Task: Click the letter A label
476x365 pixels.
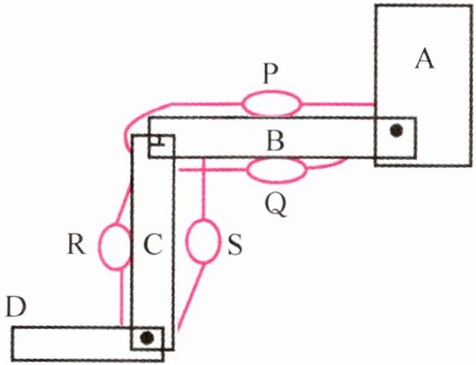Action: pyautogui.click(x=425, y=59)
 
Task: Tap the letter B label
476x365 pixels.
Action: pyautogui.click(x=276, y=141)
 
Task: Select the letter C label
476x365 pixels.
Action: pyautogui.click(x=153, y=244)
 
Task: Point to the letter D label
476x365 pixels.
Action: pyautogui.click(x=16, y=308)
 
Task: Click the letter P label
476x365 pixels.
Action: pyautogui.click(x=271, y=74)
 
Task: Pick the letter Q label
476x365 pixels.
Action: pyautogui.click(x=276, y=206)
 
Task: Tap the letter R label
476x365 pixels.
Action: pyautogui.click(x=76, y=244)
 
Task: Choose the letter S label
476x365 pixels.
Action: pyautogui.click(x=235, y=245)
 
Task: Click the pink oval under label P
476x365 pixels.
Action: pyautogui.click(x=272, y=104)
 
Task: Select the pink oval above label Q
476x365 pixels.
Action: pyautogui.click(x=276, y=170)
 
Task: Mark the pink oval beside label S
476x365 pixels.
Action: pyautogui.click(x=202, y=242)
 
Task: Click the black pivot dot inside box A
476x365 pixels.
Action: pyautogui.click(x=396, y=131)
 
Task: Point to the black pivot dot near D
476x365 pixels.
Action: pyautogui.click(x=148, y=337)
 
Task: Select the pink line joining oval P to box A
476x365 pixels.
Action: pyautogui.click(x=338, y=105)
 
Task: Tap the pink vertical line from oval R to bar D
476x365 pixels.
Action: pyautogui.click(x=122, y=297)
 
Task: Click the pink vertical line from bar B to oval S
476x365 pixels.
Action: pyautogui.click(x=204, y=189)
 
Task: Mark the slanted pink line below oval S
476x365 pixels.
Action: pyautogui.click(x=191, y=296)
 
